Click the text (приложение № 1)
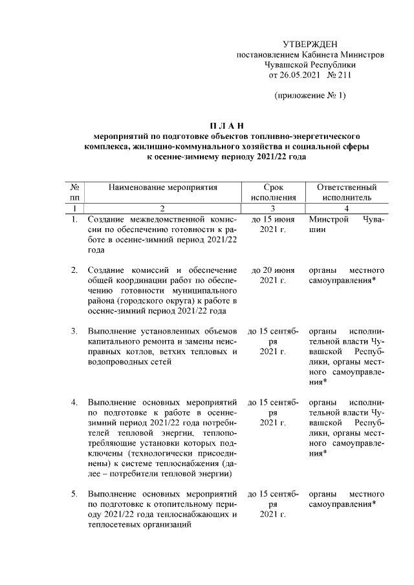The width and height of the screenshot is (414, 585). click(310, 96)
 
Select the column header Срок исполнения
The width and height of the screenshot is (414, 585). click(272, 192)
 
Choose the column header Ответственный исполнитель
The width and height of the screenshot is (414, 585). click(347, 192)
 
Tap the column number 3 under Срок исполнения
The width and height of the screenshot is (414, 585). click(272, 208)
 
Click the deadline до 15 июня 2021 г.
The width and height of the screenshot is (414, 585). click(272, 226)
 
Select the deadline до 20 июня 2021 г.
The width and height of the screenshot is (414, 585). click(272, 275)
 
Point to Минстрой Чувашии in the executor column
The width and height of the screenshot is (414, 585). click(347, 226)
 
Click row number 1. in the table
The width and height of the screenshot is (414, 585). click(74, 220)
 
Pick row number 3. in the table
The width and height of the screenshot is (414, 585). click(74, 332)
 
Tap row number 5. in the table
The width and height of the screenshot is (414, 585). click(74, 495)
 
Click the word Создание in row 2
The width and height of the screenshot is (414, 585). click(107, 270)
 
